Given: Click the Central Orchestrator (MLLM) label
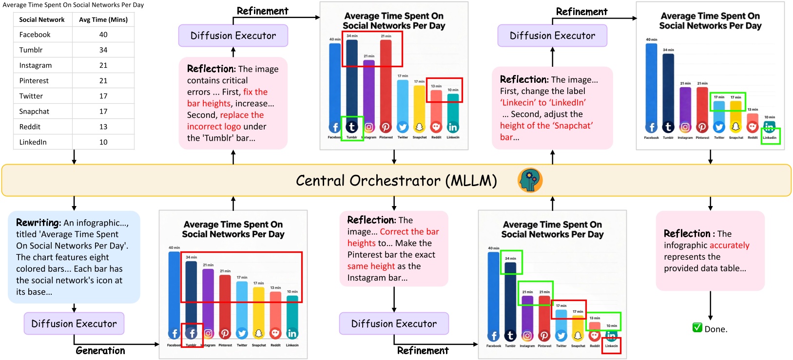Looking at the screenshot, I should click(396, 181).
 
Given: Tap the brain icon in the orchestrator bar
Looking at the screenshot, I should click(530, 180).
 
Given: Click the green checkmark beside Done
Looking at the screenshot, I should click(697, 328).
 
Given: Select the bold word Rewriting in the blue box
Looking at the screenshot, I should click(38, 223).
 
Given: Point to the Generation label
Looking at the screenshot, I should click(100, 350).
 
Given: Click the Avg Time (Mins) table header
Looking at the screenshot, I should click(103, 19).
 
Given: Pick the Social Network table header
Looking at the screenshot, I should click(42, 19).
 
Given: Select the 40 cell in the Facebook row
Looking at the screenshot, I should click(103, 35).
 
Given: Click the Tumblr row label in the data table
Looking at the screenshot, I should click(31, 50).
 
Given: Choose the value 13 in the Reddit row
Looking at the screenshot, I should click(103, 127).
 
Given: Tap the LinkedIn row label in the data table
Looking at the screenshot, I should click(33, 142).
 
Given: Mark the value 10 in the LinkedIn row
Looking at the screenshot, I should click(103, 142).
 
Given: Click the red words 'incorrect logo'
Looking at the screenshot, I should click(214, 127).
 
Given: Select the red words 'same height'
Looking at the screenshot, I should click(371, 266).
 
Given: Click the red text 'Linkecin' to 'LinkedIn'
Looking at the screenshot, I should click(542, 103).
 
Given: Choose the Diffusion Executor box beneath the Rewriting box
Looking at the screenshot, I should click(74, 323).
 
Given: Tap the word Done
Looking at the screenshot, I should click(716, 329).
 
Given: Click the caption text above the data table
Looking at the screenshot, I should click(73, 5).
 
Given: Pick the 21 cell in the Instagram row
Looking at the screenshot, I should click(103, 65).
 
